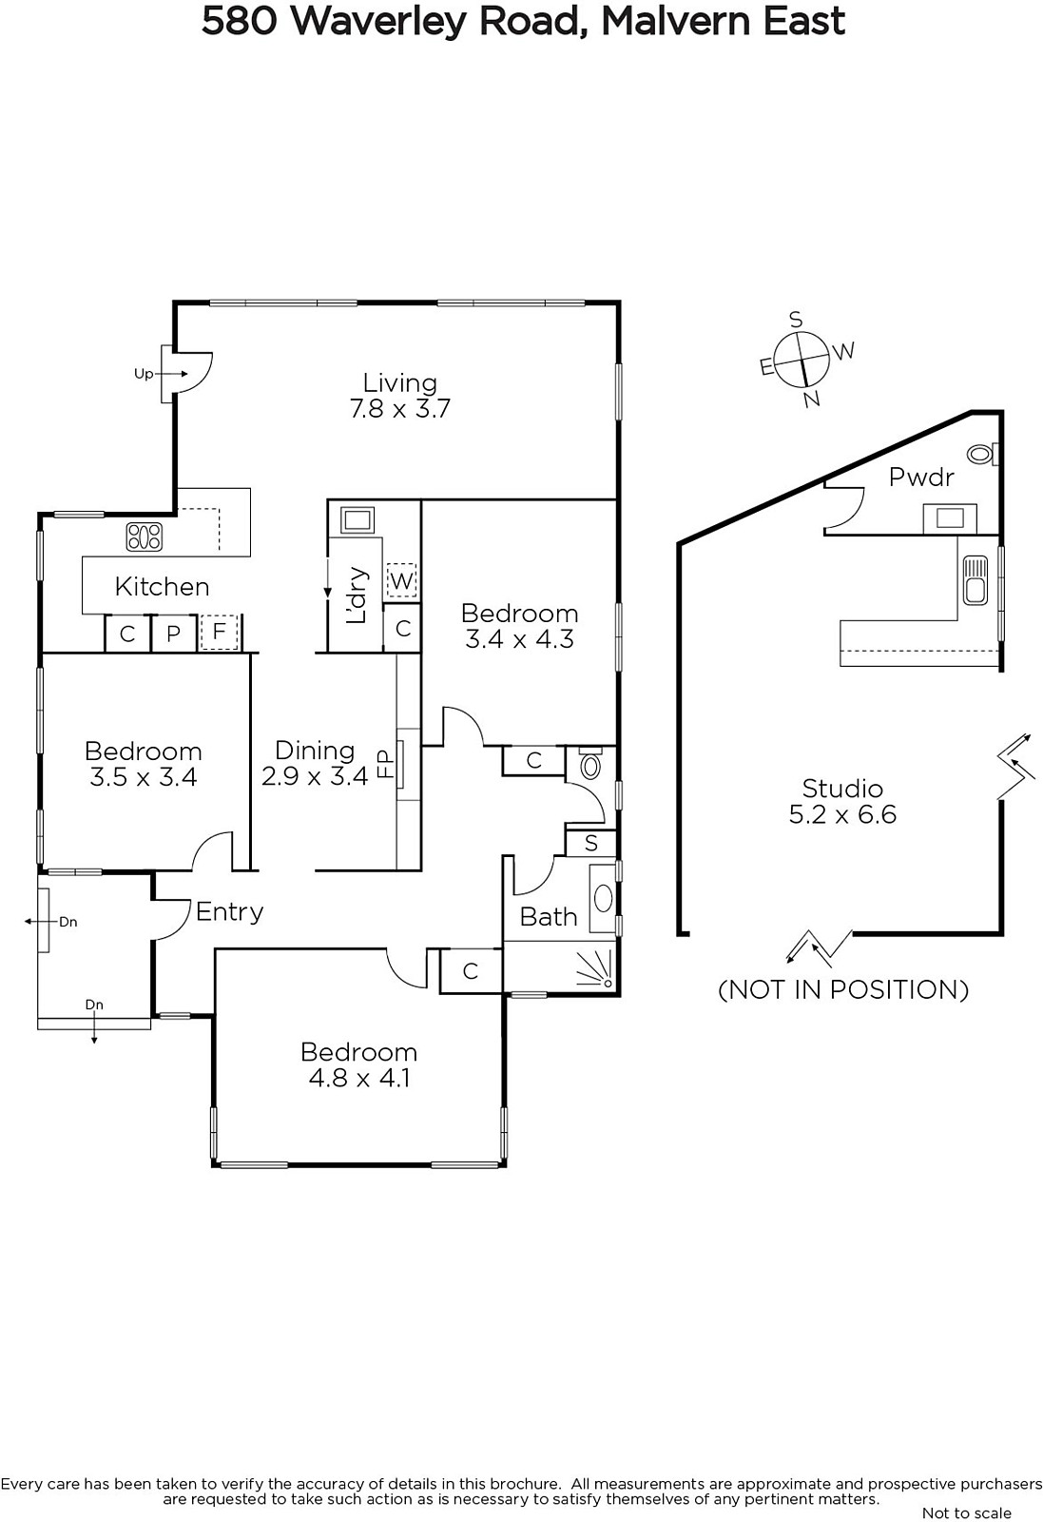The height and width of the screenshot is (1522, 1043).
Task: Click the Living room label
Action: (x=400, y=396)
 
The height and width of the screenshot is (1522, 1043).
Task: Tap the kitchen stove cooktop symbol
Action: (x=144, y=537)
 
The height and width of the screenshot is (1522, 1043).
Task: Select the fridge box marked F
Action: (x=219, y=632)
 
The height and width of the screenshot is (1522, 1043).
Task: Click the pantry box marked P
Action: (x=173, y=634)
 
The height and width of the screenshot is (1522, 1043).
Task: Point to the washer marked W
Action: (x=401, y=581)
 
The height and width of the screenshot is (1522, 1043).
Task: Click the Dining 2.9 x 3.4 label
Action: (x=315, y=763)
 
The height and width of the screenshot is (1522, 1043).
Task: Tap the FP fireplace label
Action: (x=385, y=763)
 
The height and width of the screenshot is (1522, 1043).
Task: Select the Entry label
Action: (x=229, y=912)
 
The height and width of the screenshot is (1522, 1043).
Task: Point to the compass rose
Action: (x=802, y=360)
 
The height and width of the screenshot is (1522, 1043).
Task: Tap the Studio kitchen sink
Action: (x=975, y=579)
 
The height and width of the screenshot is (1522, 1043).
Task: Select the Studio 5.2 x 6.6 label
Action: (x=842, y=801)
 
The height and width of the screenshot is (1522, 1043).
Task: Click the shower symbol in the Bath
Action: (x=595, y=969)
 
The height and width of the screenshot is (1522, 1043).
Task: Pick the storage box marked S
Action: (x=590, y=843)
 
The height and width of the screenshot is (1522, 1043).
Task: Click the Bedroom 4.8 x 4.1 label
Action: (x=358, y=1064)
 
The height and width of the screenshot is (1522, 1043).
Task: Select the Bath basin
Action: (x=603, y=898)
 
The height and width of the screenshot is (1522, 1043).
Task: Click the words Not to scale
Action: (x=966, y=1513)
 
